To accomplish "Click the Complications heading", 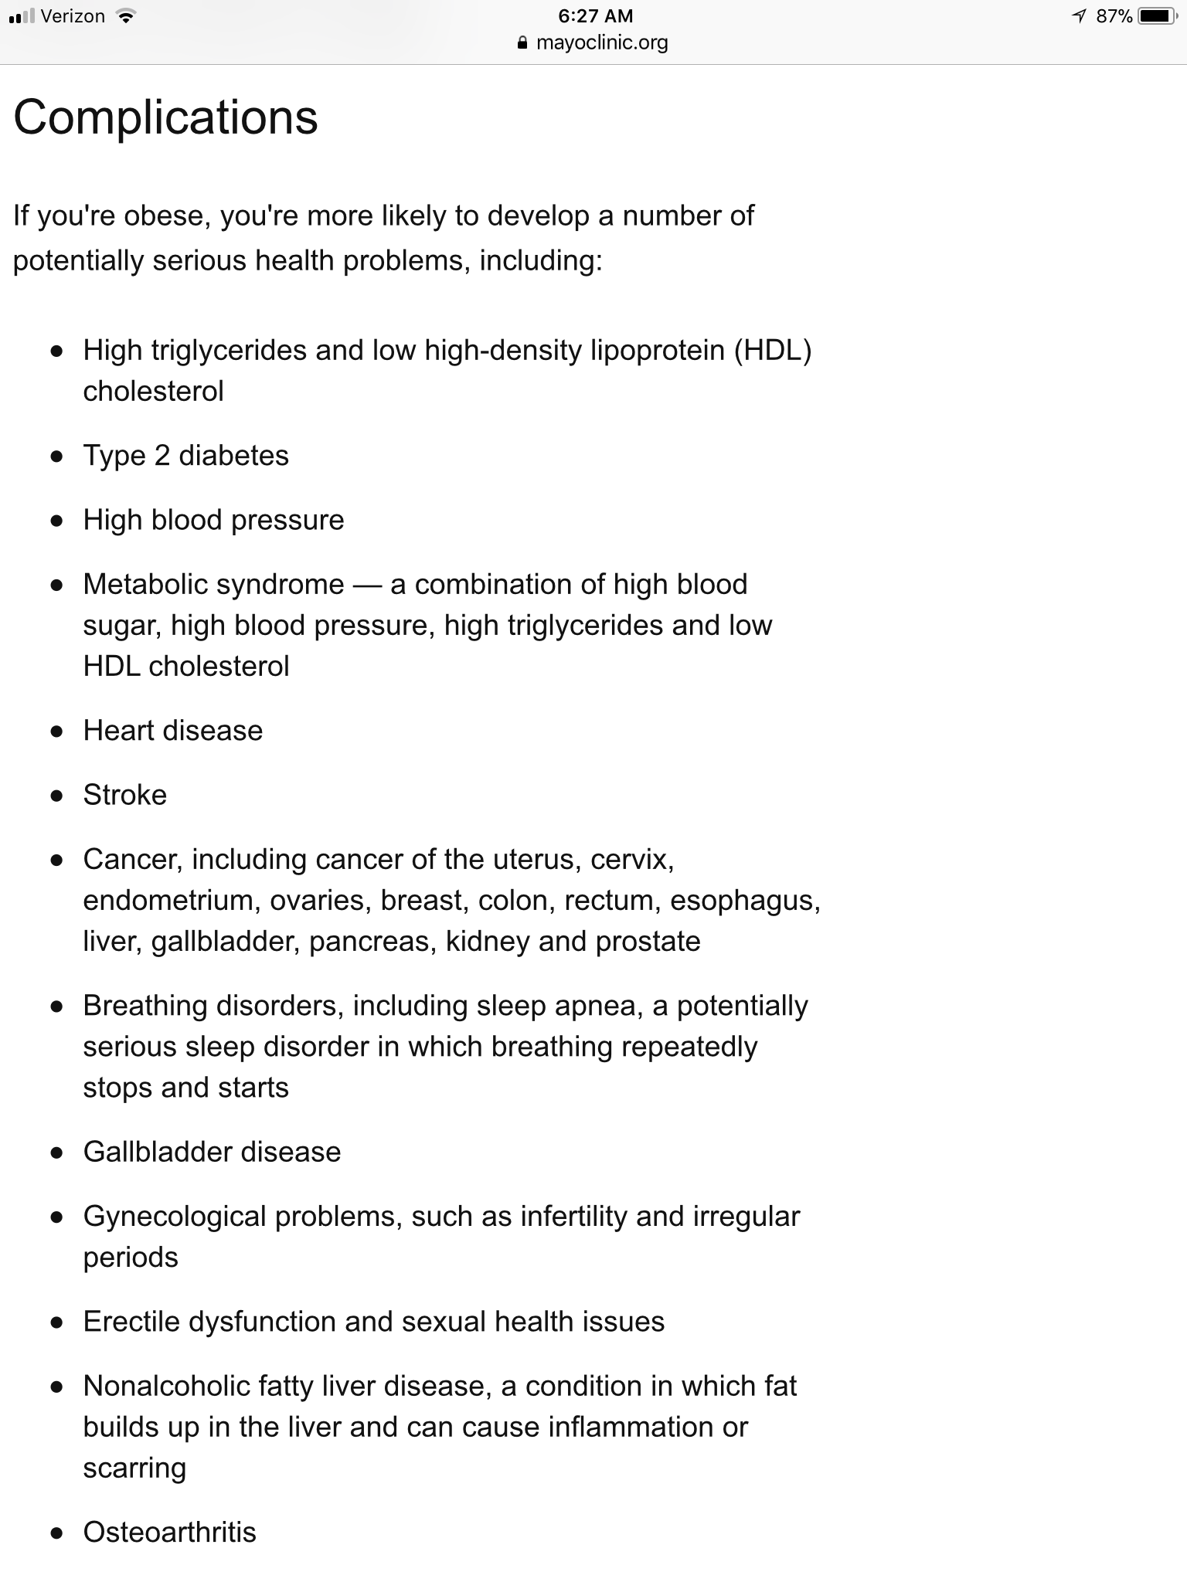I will tap(165, 117).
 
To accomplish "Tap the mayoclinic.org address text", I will tap(602, 42).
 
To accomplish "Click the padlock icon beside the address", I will tap(523, 43).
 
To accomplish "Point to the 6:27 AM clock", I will tap(595, 16).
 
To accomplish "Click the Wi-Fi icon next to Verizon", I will tap(124, 16).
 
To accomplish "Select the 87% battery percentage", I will tap(1114, 16).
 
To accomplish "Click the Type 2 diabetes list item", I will tap(185, 456).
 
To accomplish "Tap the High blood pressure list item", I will tap(213, 520).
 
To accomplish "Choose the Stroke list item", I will tap(124, 795).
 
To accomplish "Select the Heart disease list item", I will tap(172, 731).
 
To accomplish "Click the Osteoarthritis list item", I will tap(169, 1533).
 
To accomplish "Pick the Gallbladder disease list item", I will tap(212, 1152).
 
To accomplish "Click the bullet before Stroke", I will tap(56, 796).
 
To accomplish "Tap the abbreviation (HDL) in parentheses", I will tap(772, 351).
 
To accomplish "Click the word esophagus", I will tap(744, 901).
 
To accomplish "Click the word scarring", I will tap(134, 1468).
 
